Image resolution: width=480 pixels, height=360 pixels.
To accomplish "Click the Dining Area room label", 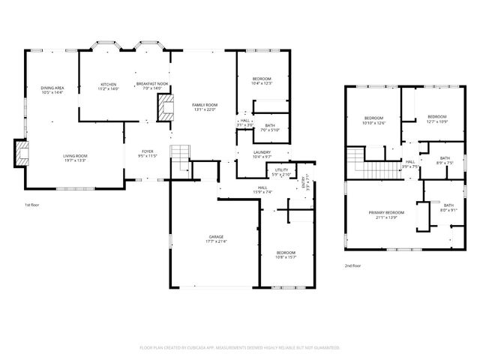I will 52,88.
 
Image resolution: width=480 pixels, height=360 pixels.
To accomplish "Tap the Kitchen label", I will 109,84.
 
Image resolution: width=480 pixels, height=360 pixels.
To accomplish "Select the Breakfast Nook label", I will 151,84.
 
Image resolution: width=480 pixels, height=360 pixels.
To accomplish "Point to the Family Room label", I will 204,105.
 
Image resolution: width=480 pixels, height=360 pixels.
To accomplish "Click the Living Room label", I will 75,155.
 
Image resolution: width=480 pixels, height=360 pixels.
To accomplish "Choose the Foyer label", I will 148,151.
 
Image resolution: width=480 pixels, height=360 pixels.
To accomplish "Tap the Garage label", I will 215,237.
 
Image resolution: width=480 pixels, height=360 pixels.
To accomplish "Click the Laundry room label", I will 262,152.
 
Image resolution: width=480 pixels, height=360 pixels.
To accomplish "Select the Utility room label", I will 281,169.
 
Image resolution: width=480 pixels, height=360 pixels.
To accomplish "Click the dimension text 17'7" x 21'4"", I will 215,242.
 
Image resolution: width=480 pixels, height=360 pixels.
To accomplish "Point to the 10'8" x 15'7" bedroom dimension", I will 285,257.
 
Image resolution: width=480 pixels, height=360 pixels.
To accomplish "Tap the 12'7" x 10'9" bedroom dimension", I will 437,121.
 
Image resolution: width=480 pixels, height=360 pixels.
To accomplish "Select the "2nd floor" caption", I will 353,265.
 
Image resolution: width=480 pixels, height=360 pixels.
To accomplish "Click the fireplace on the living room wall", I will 22,154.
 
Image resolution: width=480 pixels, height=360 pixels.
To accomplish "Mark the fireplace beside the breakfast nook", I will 163,107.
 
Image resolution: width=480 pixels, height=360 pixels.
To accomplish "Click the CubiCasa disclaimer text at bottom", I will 240,348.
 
